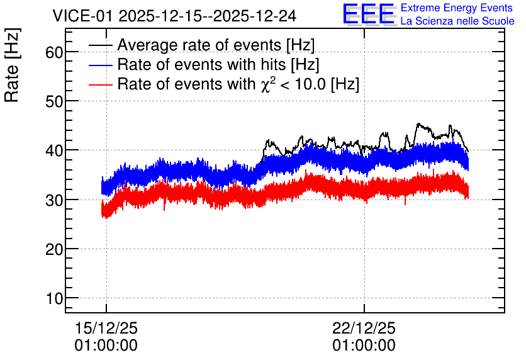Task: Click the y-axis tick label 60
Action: coord(54,52)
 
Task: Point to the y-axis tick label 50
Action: coord(54,102)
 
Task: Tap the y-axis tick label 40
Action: coord(54,151)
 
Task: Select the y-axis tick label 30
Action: coord(54,200)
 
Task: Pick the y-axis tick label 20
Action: coord(54,250)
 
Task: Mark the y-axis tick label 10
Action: coord(54,298)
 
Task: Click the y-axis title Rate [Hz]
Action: coord(12,65)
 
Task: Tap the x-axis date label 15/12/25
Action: coord(106,328)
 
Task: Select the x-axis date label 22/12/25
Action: coord(364,328)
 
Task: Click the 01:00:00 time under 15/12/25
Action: coord(106,346)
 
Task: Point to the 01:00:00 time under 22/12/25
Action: coord(364,346)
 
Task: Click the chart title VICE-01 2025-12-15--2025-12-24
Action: coord(174,16)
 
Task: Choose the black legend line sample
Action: coord(101,45)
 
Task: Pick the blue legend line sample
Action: coord(101,65)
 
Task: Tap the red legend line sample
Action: coord(101,84)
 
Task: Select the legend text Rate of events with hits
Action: coord(201,64)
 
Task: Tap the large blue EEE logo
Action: coord(369,14)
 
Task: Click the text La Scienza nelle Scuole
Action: coord(457,21)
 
